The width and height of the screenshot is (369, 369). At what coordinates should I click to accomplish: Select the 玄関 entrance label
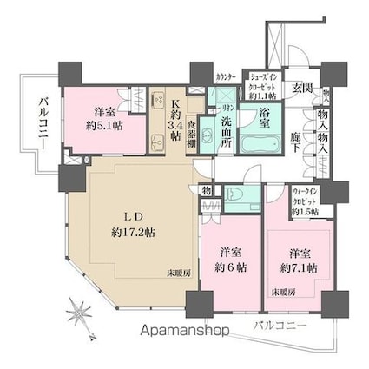click(301, 86)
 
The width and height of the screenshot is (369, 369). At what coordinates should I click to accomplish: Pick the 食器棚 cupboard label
click(194, 135)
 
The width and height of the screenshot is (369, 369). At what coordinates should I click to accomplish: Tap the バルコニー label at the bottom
click(280, 327)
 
